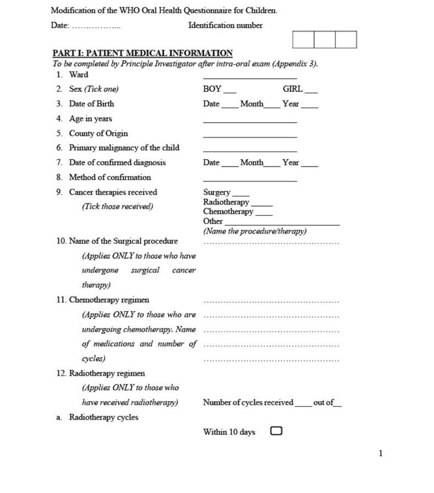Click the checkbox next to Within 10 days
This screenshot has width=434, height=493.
(276, 431)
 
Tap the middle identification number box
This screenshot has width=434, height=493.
(324, 40)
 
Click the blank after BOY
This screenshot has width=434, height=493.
(230, 92)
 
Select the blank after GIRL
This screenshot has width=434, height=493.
(311, 92)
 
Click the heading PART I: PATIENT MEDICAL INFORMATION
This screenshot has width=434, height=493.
(143, 53)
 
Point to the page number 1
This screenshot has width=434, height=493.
(381, 453)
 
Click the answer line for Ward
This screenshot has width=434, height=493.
(250, 77)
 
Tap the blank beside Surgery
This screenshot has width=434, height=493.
(241, 195)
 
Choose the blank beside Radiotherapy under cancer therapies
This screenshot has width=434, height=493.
(261, 205)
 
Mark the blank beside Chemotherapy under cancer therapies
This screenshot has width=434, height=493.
(264, 214)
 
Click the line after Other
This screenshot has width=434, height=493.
(282, 224)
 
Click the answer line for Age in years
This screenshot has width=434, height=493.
(250, 122)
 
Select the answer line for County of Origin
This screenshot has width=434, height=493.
(250, 136)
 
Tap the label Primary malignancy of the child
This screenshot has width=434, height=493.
(124, 148)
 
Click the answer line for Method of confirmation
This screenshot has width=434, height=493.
(250, 180)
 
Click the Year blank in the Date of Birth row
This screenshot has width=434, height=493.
(310, 107)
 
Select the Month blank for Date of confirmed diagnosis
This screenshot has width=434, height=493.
(271, 166)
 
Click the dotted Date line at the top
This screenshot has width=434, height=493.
(96, 27)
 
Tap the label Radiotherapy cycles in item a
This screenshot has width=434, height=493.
(103, 417)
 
